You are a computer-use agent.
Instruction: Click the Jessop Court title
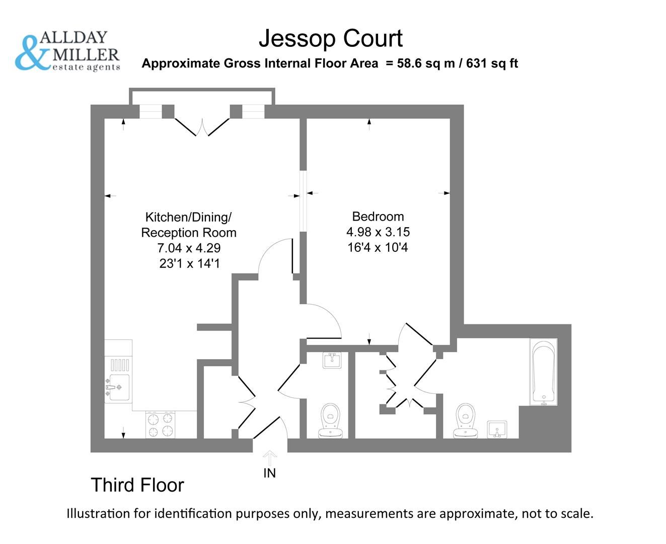331,39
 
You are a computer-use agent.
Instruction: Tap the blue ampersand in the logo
32,53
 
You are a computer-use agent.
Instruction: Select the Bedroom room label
378,217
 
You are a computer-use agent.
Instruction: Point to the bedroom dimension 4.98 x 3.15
378,232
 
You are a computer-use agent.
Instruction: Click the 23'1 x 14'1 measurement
189,263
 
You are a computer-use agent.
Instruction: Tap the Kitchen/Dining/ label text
188,218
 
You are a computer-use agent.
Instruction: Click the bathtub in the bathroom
543,372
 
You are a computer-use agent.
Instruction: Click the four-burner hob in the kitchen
160,425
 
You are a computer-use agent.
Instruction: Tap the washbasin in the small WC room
331,360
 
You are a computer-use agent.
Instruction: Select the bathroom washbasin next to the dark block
497,429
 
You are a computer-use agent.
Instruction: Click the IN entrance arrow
270,459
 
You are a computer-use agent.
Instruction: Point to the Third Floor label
137,485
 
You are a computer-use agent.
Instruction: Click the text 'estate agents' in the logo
86,67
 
